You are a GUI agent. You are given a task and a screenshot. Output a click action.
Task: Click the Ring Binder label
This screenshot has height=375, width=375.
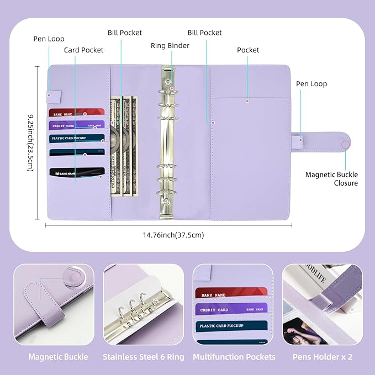170,45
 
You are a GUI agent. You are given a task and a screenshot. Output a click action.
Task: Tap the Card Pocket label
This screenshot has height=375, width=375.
84,50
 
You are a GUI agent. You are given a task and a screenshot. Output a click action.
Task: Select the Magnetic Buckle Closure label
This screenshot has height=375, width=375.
331,179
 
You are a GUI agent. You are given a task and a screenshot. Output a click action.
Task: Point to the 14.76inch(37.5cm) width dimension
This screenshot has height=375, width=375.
173,235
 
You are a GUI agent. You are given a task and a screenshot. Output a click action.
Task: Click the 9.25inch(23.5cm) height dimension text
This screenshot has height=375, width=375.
31,142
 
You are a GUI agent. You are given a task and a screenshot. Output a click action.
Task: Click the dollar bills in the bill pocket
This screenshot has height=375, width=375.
123,146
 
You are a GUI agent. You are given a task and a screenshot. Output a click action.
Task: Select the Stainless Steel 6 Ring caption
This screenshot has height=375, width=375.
143,357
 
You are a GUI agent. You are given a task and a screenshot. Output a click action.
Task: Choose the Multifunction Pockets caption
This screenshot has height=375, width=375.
234,357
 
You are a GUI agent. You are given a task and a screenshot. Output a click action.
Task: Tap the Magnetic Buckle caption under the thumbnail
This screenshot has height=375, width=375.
58,357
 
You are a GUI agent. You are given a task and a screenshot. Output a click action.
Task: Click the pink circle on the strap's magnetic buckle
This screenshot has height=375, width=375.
346,145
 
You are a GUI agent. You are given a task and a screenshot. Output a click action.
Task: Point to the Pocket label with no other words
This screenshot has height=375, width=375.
248,50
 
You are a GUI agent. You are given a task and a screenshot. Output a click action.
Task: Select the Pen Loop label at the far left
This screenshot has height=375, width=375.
49,39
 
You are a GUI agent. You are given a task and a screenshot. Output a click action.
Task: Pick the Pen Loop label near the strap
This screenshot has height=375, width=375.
311,84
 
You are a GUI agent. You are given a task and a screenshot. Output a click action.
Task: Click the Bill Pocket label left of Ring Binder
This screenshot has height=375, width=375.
125,33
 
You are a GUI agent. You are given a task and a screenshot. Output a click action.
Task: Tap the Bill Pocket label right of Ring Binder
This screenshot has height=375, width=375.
204,33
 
